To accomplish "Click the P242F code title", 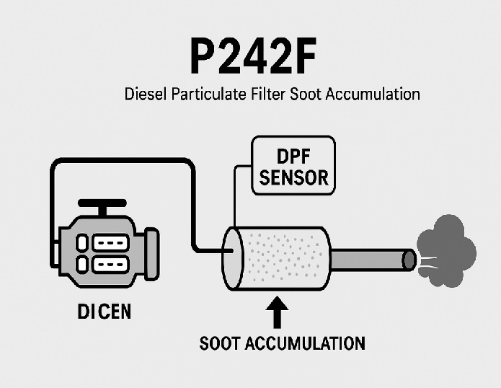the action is point(253,56).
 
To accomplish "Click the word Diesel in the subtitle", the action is point(146,94).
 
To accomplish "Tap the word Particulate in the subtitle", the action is point(209,94).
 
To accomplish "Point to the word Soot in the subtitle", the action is point(306,94).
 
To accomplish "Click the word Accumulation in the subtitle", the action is point(373,94).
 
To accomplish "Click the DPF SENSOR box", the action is point(293,165).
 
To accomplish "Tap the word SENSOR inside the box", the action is point(293,177).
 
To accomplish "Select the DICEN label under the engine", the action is point(105,312).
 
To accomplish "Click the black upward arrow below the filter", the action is point(277,312).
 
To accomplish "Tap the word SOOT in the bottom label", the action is point(219,343).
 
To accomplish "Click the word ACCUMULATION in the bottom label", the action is point(305,343).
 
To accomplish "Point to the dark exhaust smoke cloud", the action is point(446,250).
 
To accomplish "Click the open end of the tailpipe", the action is point(409,260).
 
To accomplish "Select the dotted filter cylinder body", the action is point(276,258).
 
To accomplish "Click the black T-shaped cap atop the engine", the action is point(102,206).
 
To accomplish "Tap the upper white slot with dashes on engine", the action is point(111,242).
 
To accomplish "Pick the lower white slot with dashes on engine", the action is point(111,264).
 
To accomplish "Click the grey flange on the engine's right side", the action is point(152,254).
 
